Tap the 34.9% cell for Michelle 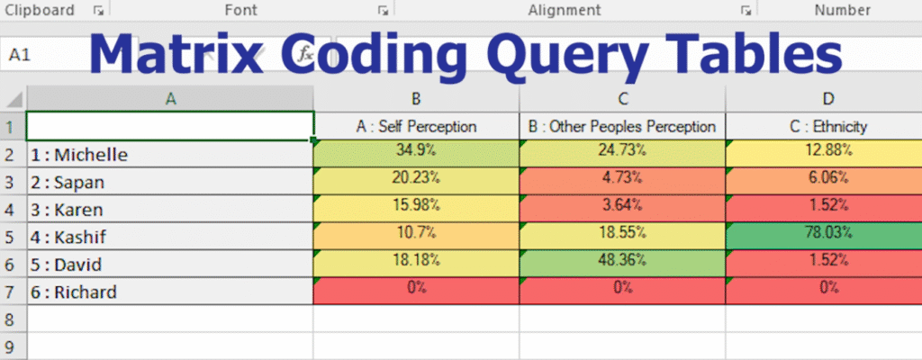(415, 151)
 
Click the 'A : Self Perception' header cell (415, 126)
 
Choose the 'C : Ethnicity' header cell (827, 126)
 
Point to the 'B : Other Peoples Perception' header (622, 126)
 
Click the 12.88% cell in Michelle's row (827, 151)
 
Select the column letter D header (827, 98)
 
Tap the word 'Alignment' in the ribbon (565, 10)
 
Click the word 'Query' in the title (558, 55)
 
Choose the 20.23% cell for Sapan (415, 179)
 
